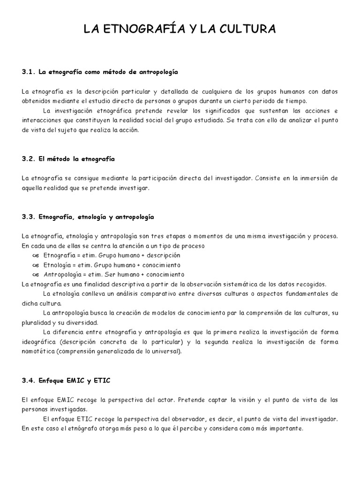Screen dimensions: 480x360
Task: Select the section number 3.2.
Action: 29,159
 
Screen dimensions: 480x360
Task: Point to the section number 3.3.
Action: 29,217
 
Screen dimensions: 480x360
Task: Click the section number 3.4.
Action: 29,380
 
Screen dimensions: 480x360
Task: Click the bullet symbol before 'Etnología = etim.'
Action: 36,265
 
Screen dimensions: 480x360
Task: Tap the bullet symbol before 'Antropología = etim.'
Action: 36,274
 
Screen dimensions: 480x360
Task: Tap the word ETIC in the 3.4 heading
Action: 101,380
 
